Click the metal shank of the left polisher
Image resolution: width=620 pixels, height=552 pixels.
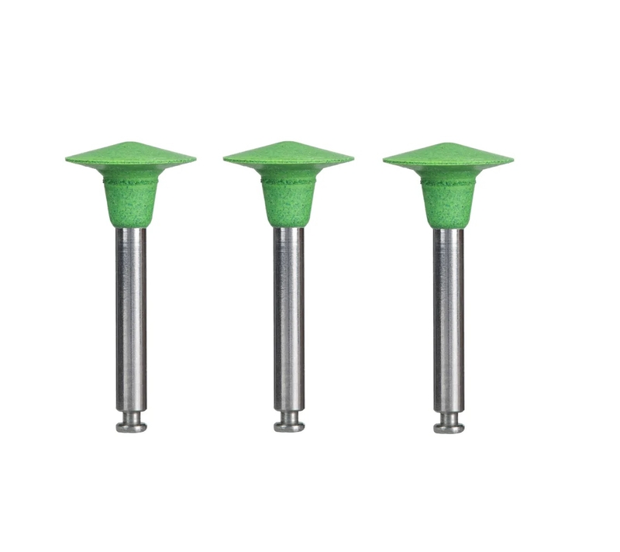131,318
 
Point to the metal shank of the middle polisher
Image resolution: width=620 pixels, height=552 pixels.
288,318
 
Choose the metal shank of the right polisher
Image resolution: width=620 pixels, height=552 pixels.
449,318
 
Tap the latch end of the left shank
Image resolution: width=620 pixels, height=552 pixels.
131,425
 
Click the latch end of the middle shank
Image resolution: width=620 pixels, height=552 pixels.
288,425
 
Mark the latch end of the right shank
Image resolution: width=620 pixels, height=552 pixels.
449,425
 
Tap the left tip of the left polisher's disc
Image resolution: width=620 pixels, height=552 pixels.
67,160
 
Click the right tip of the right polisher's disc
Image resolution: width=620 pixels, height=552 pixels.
511,161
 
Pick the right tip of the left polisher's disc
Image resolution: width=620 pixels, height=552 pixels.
194,160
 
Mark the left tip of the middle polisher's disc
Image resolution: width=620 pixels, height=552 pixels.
226,160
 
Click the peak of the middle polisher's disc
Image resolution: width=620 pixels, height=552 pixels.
288,143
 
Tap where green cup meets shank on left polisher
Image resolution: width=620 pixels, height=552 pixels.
131,226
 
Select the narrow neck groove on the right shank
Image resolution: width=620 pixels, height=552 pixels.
449,415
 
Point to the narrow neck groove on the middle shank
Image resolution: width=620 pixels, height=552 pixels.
288,415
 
